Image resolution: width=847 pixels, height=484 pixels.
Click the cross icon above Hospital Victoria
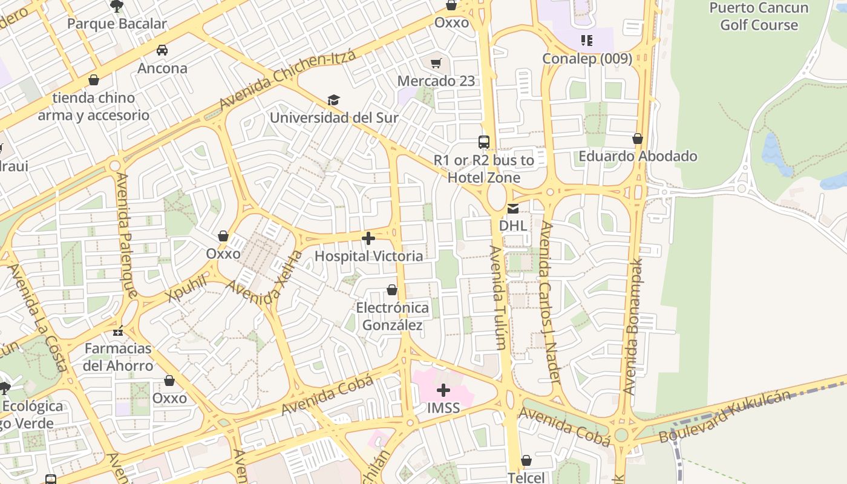(368, 238)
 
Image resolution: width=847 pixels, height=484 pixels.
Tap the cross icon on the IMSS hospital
(443, 390)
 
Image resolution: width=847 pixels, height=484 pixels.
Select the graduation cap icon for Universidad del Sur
(333, 100)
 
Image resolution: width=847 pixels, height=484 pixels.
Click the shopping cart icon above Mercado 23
(436, 64)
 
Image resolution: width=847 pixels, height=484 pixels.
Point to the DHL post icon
(513, 209)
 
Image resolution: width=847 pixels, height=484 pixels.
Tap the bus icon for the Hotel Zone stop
(484, 142)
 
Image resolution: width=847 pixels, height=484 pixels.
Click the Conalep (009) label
(587, 59)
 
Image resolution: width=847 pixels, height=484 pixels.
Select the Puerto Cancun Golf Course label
(759, 16)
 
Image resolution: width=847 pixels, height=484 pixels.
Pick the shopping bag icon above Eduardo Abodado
(637, 139)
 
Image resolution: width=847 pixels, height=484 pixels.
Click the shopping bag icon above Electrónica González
(392, 290)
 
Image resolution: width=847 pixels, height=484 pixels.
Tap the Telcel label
(526, 477)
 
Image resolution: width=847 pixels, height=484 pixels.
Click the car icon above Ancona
(162, 50)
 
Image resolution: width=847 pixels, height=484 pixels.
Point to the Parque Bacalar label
(117, 24)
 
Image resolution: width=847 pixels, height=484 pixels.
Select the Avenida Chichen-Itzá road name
(287, 80)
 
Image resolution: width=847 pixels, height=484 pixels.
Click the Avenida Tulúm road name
(498, 298)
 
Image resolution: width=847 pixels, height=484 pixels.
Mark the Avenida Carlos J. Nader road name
(549, 301)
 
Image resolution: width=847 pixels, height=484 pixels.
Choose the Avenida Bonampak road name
(632, 327)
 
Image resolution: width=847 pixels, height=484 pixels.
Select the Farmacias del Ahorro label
(119, 357)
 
